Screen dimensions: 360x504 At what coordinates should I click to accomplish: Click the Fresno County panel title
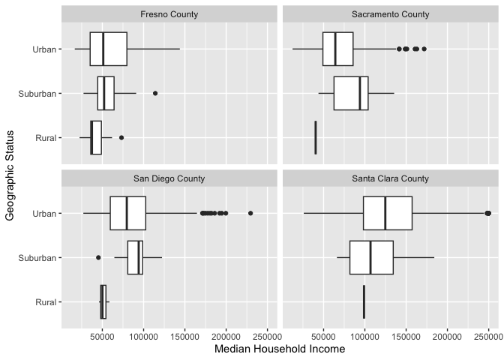click(x=169, y=14)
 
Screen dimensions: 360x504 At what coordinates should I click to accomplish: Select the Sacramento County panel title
click(x=390, y=14)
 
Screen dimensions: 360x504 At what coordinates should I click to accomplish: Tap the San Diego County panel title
click(x=169, y=179)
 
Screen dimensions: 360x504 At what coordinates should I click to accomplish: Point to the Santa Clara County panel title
click(x=390, y=179)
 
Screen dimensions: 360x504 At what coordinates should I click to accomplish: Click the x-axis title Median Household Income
click(x=269, y=349)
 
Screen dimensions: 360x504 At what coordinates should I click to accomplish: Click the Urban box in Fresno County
click(x=108, y=49)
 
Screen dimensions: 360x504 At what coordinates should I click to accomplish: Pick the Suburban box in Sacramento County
click(x=351, y=93)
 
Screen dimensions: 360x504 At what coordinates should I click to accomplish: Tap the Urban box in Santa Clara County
click(x=387, y=213)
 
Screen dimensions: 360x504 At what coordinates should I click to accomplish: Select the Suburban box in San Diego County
click(x=135, y=257)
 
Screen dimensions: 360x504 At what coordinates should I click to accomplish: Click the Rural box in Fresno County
click(x=96, y=137)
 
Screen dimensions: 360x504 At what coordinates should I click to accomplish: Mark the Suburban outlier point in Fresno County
click(x=155, y=93)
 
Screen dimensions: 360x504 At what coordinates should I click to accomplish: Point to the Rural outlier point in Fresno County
click(x=121, y=137)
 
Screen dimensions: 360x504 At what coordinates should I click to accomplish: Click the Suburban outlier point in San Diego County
click(x=98, y=257)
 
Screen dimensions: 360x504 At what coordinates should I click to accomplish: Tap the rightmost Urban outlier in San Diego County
click(x=250, y=213)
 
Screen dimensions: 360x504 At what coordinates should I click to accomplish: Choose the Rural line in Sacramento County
click(x=316, y=137)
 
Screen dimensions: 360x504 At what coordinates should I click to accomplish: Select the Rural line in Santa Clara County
click(x=364, y=301)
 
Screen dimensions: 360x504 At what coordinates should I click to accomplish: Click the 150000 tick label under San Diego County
click(x=186, y=337)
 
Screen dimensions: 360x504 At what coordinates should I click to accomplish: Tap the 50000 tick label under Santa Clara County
click(x=322, y=337)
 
